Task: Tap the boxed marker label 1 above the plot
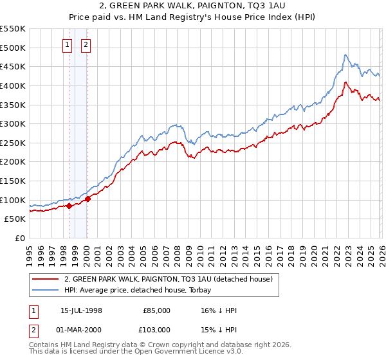(x=68, y=45)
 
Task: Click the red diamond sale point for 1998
(x=69, y=206)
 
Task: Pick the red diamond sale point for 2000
(x=87, y=199)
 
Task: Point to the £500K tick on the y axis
(x=12, y=48)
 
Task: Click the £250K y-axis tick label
(x=12, y=143)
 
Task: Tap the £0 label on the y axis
(x=21, y=238)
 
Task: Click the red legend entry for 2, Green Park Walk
(x=169, y=279)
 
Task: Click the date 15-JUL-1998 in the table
(x=82, y=310)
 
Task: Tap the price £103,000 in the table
(x=156, y=329)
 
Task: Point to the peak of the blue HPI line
(x=345, y=55)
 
